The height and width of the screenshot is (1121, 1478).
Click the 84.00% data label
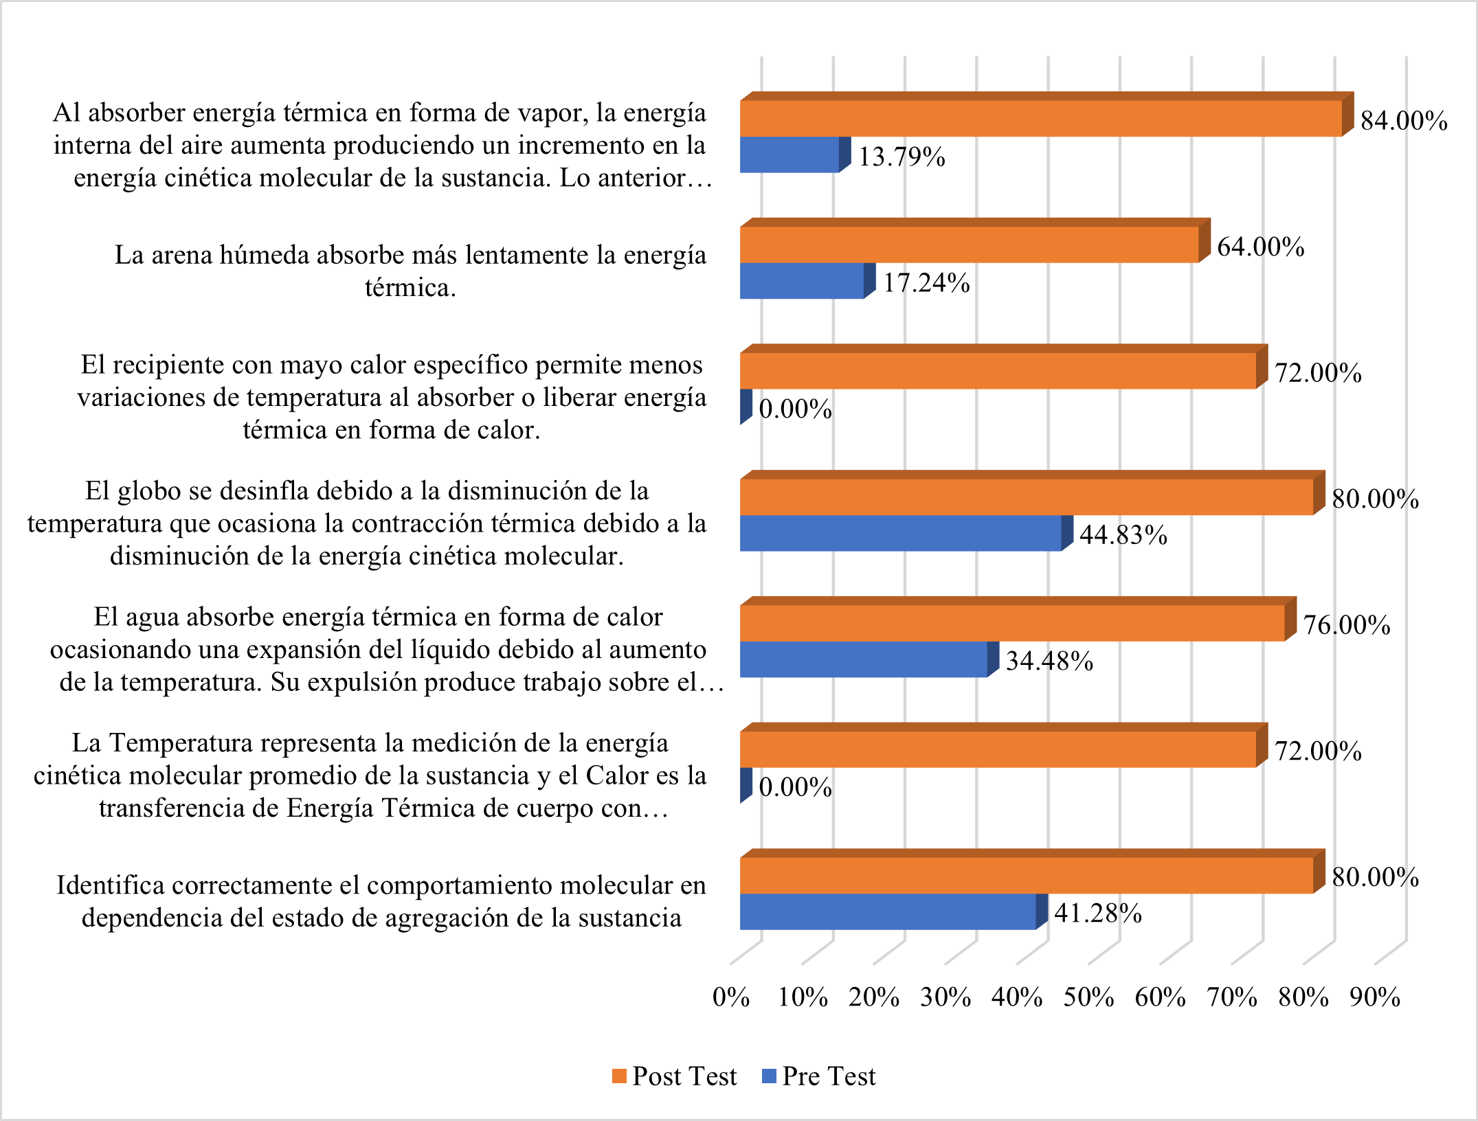coord(1404,121)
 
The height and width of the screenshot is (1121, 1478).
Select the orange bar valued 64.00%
coord(969,245)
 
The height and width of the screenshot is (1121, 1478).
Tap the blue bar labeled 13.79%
coord(790,155)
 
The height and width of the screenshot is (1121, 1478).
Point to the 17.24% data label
coord(926,283)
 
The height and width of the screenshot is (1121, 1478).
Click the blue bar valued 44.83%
coord(900,533)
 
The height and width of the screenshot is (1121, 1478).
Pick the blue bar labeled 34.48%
coord(864,659)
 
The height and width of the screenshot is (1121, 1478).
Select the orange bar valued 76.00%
coord(1011,623)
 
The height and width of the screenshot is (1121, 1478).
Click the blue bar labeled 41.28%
coord(888,911)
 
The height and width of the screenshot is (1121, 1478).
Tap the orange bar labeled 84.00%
coord(1040,119)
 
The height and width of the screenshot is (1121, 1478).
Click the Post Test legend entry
coord(675,1076)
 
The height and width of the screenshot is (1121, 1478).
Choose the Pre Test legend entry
coord(820,1076)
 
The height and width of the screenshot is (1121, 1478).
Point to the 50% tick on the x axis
coord(1088,997)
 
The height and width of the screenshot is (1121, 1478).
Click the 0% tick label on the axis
coord(730,997)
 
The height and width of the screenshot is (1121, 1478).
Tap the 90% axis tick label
coord(1374,997)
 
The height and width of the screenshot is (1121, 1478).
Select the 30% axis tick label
coord(945,997)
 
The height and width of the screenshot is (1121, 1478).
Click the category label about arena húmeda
coord(410,271)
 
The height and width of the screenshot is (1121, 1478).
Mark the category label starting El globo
coord(367,523)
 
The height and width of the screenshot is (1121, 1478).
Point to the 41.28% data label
coord(1098,913)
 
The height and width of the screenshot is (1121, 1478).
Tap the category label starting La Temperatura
coord(370,775)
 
